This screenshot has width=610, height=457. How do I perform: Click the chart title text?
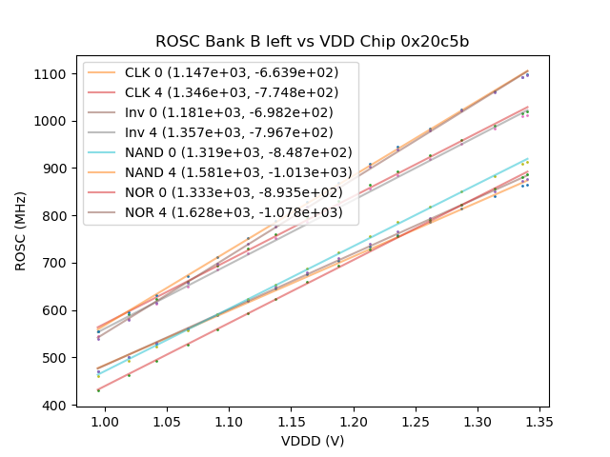(x=313, y=42)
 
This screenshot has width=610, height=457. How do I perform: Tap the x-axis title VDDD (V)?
(x=313, y=442)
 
